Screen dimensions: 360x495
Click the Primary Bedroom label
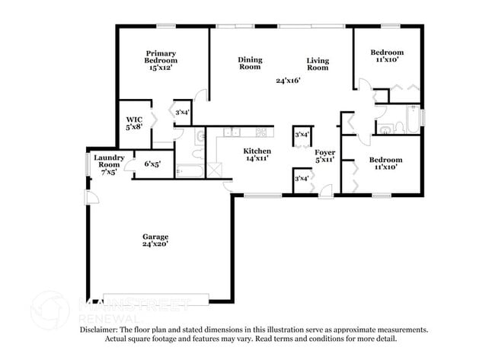[x=161, y=56]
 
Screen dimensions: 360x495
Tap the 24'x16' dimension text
[x=288, y=80]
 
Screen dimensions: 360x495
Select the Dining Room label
[x=249, y=63]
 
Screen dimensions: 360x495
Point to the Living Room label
[x=318, y=64]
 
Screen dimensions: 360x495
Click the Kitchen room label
[x=257, y=151]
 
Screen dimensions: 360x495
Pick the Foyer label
[x=325, y=151]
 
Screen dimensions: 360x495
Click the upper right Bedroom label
[x=386, y=52]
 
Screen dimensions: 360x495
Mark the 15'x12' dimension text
[x=161, y=68]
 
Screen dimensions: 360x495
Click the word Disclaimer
[x=104, y=330]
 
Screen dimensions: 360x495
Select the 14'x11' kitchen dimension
[x=257, y=159]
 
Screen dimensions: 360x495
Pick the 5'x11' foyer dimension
[x=325, y=160]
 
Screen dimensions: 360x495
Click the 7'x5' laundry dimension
[x=108, y=172]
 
